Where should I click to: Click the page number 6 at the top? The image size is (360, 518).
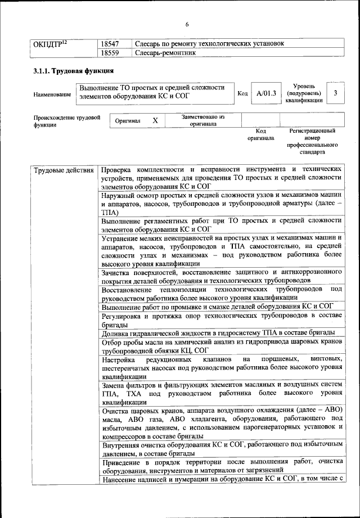click(187, 24)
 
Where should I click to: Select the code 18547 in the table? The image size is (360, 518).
click(111, 43)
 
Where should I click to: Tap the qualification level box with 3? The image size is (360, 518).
click(335, 93)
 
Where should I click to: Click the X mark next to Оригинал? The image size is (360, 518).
click(155, 120)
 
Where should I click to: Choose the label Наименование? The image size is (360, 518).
click(52, 94)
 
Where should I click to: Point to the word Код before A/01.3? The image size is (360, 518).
click(242, 93)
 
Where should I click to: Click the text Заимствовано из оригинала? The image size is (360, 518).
click(203, 120)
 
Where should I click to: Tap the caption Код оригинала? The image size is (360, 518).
click(261, 134)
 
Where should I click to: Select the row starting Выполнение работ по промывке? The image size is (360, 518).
click(218, 307)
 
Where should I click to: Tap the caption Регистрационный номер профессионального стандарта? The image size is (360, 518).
click(313, 141)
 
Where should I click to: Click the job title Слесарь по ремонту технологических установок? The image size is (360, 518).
click(209, 43)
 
